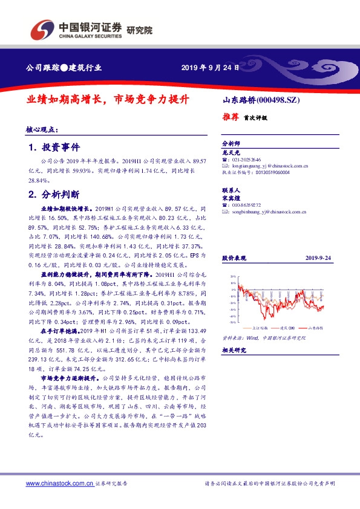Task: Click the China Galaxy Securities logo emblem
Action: [42, 28]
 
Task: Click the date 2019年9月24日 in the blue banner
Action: [206, 67]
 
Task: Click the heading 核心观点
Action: [42, 129]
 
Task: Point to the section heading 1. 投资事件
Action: [54, 148]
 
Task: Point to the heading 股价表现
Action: [232, 258]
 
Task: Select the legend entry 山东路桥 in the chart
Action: [315, 327]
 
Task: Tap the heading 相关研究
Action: [232, 350]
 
